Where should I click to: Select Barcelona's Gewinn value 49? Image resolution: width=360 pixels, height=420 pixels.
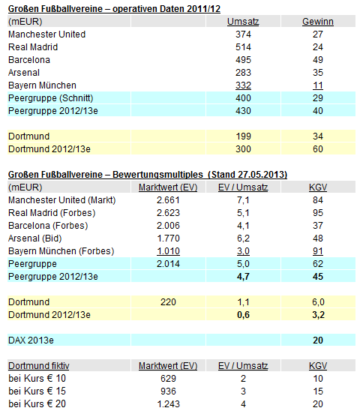pyautogui.click(x=318, y=60)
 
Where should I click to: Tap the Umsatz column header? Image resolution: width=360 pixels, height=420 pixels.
pyautogui.click(x=243, y=22)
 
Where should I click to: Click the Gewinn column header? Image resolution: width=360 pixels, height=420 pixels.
pyautogui.click(x=318, y=22)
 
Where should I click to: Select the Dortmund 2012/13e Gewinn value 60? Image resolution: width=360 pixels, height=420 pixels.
pyautogui.click(x=318, y=149)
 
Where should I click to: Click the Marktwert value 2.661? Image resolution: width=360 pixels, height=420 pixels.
pyautogui.click(x=168, y=200)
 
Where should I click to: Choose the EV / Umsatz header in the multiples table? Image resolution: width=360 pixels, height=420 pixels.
pyautogui.click(x=243, y=187)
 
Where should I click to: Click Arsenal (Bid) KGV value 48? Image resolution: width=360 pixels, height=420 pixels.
pyautogui.click(x=318, y=238)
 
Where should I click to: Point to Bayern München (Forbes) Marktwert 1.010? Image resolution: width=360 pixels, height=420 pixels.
pyautogui.click(x=168, y=251)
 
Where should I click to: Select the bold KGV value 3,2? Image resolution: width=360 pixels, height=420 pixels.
pyautogui.click(x=318, y=315)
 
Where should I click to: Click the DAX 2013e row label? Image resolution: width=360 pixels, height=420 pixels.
pyautogui.click(x=31, y=340)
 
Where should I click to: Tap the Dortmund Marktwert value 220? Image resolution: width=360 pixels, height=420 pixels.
pyautogui.click(x=168, y=302)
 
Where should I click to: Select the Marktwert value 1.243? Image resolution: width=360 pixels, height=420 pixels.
pyautogui.click(x=168, y=404)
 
